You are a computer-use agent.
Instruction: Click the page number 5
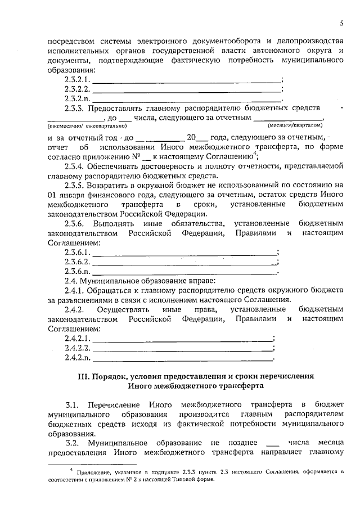pyautogui.click(x=341, y=23)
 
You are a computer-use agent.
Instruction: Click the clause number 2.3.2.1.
pyautogui.click(x=78, y=80)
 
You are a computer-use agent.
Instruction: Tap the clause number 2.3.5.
pyautogui.click(x=75, y=184)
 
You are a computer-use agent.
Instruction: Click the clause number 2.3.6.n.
pyautogui.click(x=78, y=271)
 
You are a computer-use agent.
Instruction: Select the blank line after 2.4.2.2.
pyautogui.click(x=183, y=348)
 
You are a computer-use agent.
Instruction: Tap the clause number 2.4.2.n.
pyautogui.click(x=78, y=358)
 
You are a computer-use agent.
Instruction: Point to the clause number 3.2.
pyautogui.click(x=72, y=443)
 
